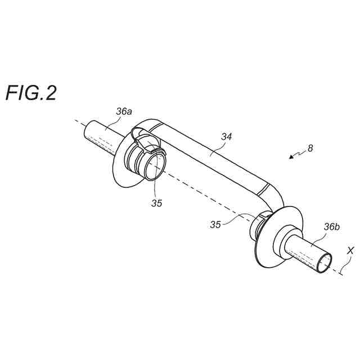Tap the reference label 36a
coord(124,112)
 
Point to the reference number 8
coord(310,149)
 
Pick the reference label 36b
coord(331,228)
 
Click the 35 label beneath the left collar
coord(156,203)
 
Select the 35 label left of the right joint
coord(215,224)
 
